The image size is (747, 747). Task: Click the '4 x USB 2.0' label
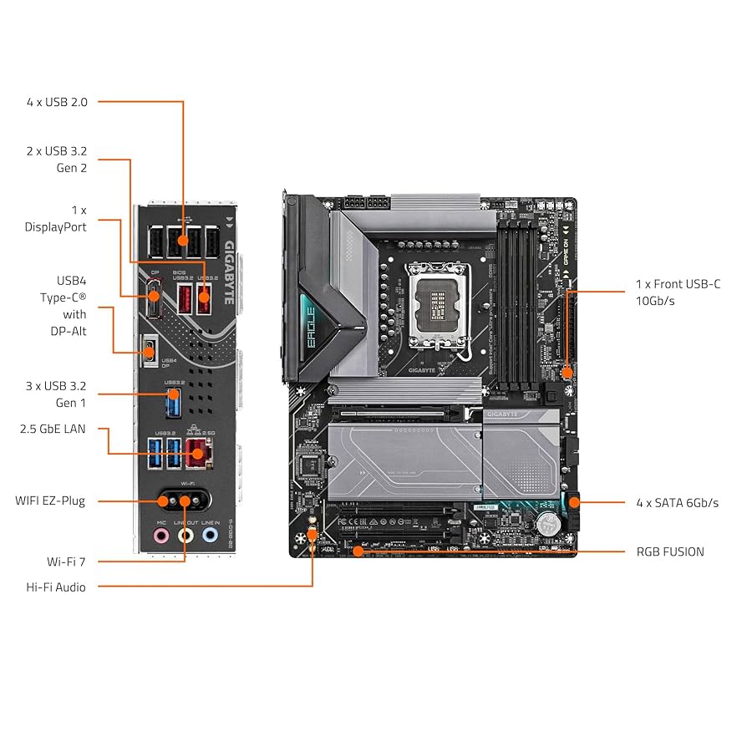(57, 102)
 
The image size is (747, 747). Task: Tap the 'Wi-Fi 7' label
(66, 561)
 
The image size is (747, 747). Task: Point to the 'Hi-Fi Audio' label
(55, 587)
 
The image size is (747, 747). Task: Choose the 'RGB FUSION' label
(670, 551)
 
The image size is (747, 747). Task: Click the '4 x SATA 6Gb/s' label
(677, 502)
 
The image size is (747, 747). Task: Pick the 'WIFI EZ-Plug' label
(50, 501)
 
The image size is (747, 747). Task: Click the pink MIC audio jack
(160, 535)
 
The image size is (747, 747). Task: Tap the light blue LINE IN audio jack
(210, 535)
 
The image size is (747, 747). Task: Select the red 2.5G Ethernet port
(197, 454)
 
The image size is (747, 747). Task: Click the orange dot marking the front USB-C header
(567, 371)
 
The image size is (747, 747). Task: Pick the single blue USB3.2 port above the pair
(172, 404)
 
